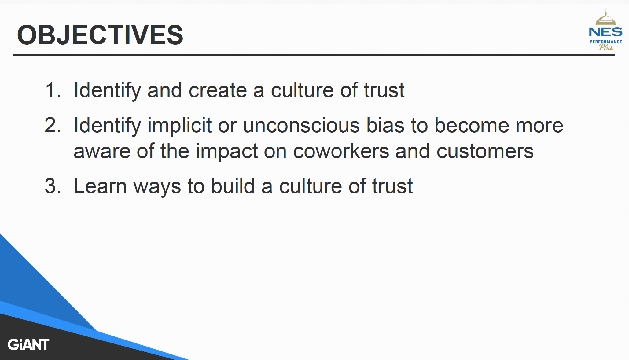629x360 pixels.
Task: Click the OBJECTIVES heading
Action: click(100, 35)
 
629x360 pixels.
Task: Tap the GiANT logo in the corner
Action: click(28, 344)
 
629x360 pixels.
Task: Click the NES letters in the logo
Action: click(605, 32)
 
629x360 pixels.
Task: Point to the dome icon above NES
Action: click(605, 17)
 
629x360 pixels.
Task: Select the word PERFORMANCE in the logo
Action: click(606, 42)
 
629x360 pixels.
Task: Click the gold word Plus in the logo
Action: click(606, 47)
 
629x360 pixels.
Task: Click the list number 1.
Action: click(53, 90)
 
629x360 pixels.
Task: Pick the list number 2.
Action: click(53, 125)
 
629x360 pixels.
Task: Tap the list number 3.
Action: click(53, 186)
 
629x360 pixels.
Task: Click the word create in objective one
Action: click(218, 90)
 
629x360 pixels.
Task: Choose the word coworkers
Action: click(341, 151)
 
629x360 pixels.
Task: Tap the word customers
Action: click(485, 151)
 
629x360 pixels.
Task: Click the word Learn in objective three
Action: click(100, 186)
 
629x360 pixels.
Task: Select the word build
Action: click(233, 186)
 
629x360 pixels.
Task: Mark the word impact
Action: click(226, 152)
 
